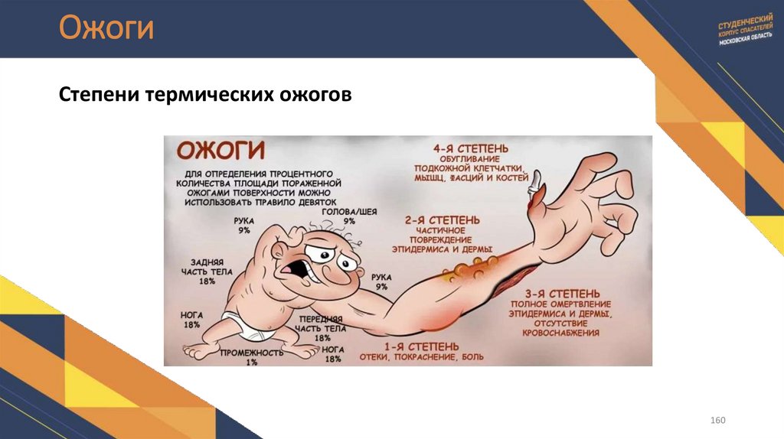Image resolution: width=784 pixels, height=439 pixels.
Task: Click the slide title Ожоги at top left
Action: (x=106, y=28)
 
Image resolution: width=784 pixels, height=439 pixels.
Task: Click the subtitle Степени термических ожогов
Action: (x=204, y=96)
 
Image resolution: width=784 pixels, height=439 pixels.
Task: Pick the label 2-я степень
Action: (x=443, y=220)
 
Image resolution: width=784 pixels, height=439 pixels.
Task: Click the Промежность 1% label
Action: (x=251, y=357)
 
